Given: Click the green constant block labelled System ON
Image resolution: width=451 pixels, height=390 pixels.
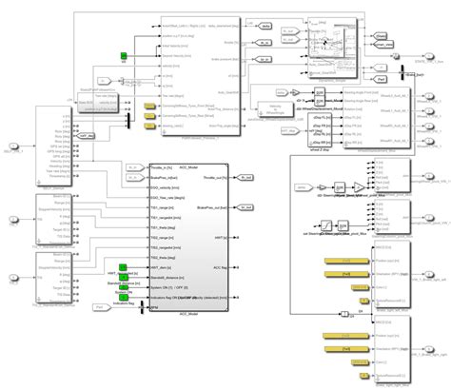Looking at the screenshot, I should pyautogui.click(x=124, y=288).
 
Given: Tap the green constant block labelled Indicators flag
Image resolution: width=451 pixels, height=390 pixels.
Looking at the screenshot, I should pyautogui.click(x=124, y=298).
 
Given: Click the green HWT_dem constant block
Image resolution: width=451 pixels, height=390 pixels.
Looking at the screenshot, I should pyautogui.click(x=124, y=270).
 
